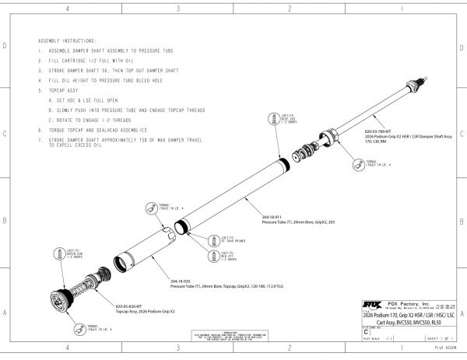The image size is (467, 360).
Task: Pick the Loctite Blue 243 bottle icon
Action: click(273, 117)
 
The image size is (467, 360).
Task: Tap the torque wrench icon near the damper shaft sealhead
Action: click(359, 164)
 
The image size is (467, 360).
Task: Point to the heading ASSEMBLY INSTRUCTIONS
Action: click(68, 40)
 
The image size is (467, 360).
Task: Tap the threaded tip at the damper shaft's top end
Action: click(425, 79)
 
